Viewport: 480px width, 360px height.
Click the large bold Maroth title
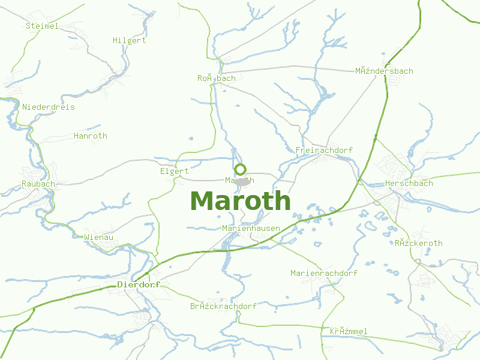(x=240, y=201)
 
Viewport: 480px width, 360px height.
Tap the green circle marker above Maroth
(x=240, y=169)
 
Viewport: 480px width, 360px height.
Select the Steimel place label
(x=42, y=26)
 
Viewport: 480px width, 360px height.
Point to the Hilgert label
(x=130, y=40)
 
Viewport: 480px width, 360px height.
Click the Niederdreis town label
(x=49, y=107)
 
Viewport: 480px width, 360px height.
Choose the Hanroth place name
(x=90, y=136)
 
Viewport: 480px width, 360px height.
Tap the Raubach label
(x=38, y=184)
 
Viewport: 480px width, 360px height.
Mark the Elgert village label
(x=175, y=171)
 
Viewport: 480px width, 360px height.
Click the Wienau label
(x=99, y=237)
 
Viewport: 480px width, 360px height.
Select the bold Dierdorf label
(x=139, y=284)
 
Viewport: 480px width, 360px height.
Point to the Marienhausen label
(x=251, y=228)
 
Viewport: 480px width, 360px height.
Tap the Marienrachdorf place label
(x=324, y=273)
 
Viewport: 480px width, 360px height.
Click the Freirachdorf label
(x=324, y=150)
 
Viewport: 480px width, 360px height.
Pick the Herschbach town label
(x=409, y=183)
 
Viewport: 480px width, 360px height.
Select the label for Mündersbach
(x=384, y=71)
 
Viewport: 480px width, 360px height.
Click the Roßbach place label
(x=217, y=78)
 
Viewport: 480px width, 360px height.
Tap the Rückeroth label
(x=419, y=243)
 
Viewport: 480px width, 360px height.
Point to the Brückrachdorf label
(x=223, y=306)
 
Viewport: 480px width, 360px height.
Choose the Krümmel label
(x=349, y=331)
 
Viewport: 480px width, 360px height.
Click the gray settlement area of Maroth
(x=242, y=182)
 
